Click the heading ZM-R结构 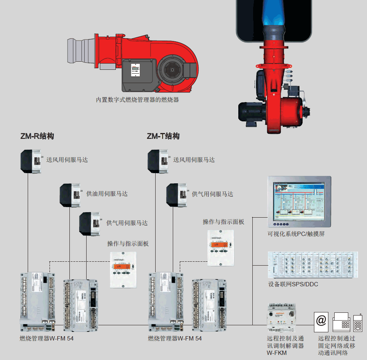37,136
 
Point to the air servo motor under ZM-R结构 31,160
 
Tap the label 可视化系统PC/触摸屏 296,234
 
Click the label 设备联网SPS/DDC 293,284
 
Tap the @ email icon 321,321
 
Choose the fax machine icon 341,321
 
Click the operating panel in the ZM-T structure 220,248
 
